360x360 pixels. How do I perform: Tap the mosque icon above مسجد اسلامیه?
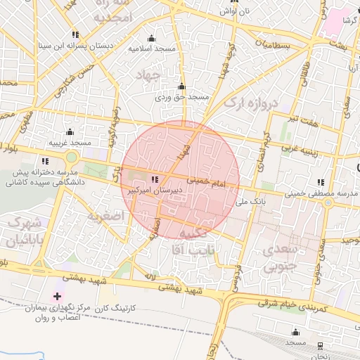pos(150,38)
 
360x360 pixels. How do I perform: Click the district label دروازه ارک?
pos(252,104)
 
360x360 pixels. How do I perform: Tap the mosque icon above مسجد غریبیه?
pos(69,131)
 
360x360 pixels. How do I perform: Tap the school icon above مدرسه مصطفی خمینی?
pos(321,182)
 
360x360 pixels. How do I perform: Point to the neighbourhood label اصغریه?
pos(105,215)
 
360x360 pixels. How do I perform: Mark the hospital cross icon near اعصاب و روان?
pos(57,297)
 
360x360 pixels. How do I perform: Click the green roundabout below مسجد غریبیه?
pos(71,155)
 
